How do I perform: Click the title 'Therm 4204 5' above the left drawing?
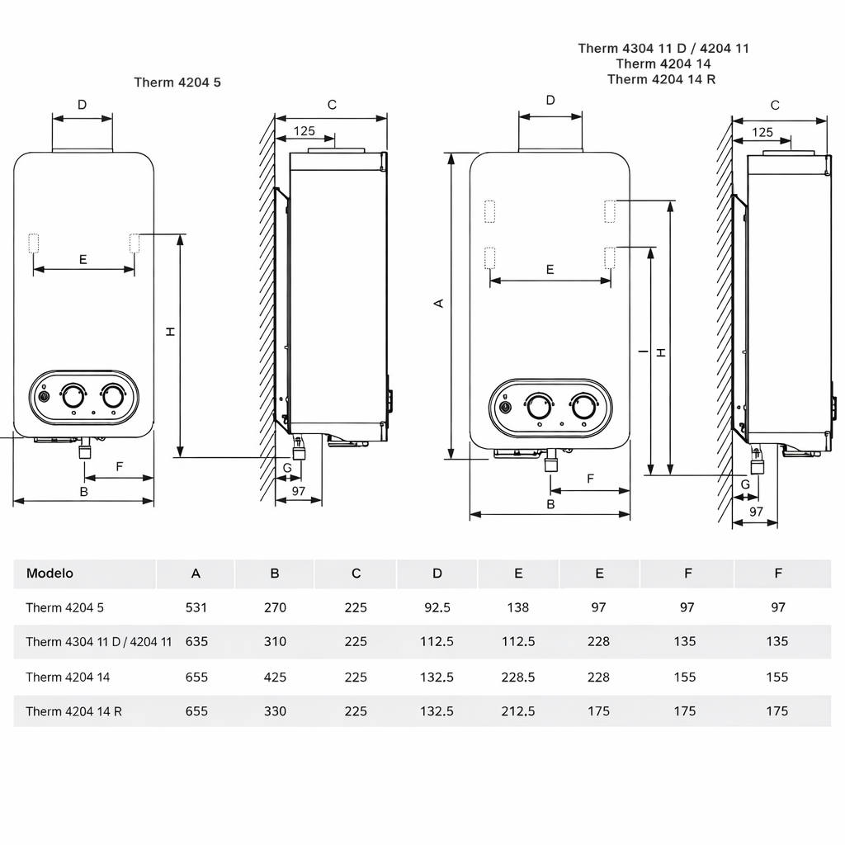177,83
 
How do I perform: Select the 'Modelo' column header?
50,574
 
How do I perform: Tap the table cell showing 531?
196,607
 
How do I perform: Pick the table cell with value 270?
275,607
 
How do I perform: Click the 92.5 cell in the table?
437,607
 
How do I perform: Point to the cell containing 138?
517,607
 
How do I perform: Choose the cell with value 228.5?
517,677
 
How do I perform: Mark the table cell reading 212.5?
517,710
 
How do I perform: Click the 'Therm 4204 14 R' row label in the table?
73,710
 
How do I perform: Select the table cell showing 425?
275,677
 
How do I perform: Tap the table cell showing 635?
196,641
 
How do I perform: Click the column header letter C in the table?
356,574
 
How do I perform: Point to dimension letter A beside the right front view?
439,304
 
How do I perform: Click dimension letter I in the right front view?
643,352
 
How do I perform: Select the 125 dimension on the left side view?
304,130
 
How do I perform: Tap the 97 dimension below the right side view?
756,512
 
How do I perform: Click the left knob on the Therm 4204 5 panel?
73,394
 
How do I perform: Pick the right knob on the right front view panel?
583,406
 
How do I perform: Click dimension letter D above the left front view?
82,105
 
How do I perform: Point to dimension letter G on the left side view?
286,468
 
